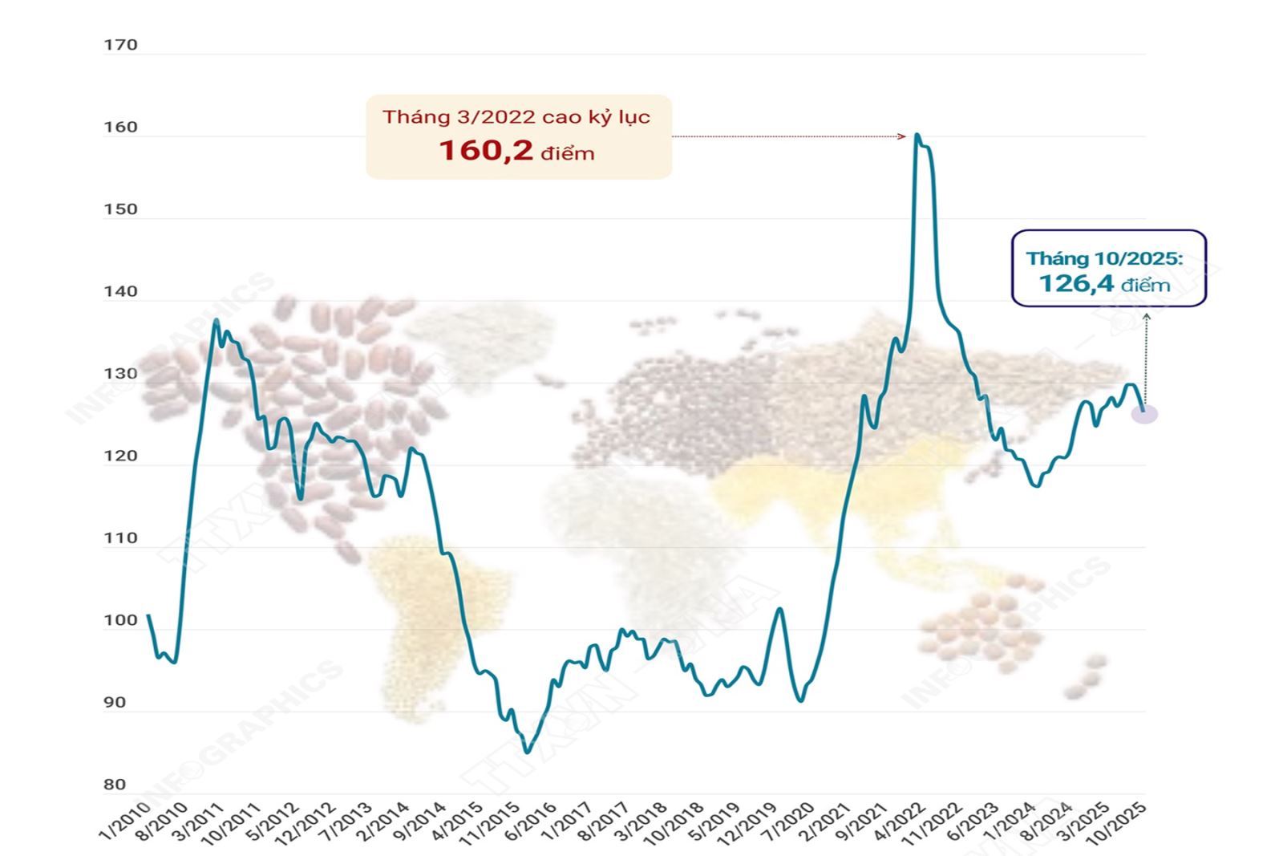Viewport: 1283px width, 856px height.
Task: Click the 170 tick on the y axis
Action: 121,45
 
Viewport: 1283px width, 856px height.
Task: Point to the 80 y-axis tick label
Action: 115,785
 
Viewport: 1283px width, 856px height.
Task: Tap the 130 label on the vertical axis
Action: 121,374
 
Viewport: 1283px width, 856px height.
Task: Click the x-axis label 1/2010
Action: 126,821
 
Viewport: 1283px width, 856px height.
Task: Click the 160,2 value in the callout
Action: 485,150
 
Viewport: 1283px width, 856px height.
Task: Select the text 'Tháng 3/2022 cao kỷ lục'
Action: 516,117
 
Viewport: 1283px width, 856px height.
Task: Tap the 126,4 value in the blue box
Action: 1076,283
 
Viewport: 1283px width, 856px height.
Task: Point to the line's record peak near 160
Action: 917,135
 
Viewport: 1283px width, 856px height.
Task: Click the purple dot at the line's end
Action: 1144,414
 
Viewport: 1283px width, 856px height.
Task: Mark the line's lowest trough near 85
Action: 527,752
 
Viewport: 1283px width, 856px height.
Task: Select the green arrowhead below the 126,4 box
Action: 1146,317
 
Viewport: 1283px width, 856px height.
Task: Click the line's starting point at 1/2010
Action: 148,616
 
